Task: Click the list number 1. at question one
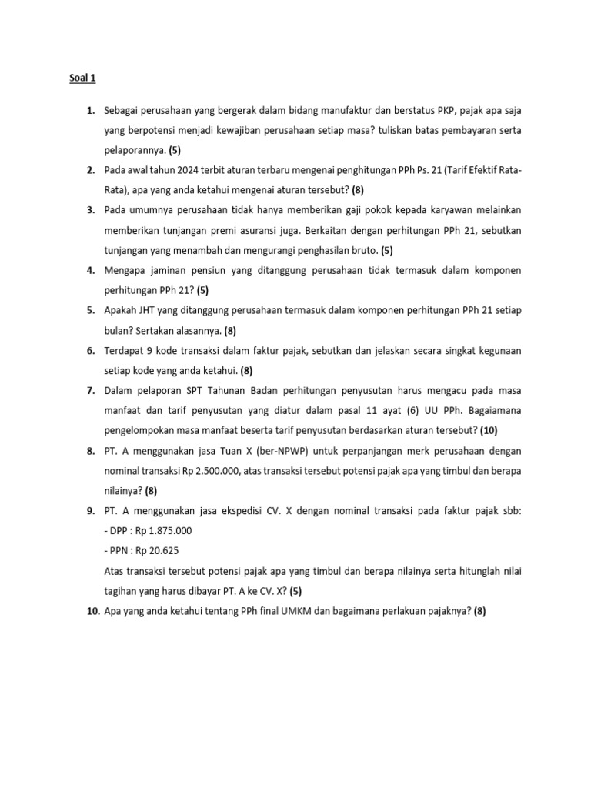[90, 111]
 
